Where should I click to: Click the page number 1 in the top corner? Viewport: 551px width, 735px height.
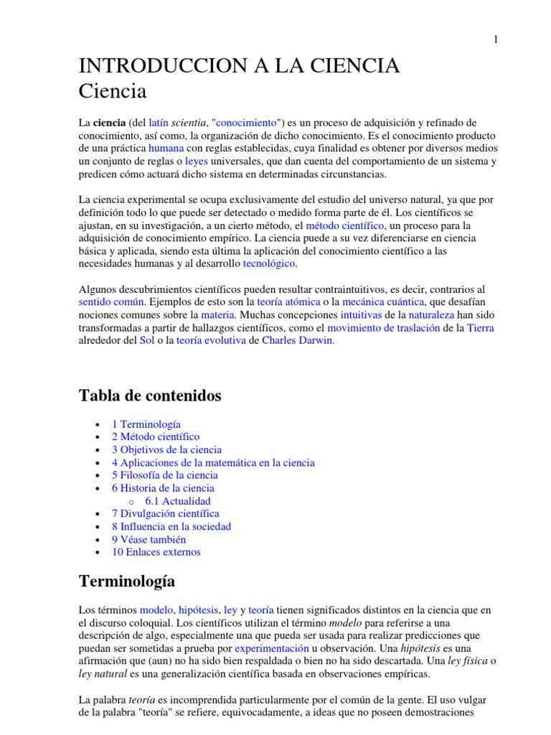(x=495, y=39)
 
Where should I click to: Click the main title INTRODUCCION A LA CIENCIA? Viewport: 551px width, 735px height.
(x=239, y=66)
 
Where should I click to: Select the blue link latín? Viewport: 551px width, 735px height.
(x=159, y=123)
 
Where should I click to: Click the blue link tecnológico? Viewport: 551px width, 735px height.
(x=269, y=263)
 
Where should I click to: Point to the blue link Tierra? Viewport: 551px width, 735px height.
(x=480, y=328)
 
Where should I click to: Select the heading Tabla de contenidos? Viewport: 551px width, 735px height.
(x=150, y=395)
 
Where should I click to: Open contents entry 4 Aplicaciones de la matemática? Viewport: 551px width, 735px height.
(x=213, y=462)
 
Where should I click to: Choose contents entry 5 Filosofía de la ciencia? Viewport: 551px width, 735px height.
(x=164, y=475)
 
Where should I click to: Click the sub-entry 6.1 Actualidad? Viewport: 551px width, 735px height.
(x=177, y=501)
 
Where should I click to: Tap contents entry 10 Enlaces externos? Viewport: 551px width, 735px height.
(x=156, y=552)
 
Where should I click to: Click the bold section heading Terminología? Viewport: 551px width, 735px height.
(x=126, y=581)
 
